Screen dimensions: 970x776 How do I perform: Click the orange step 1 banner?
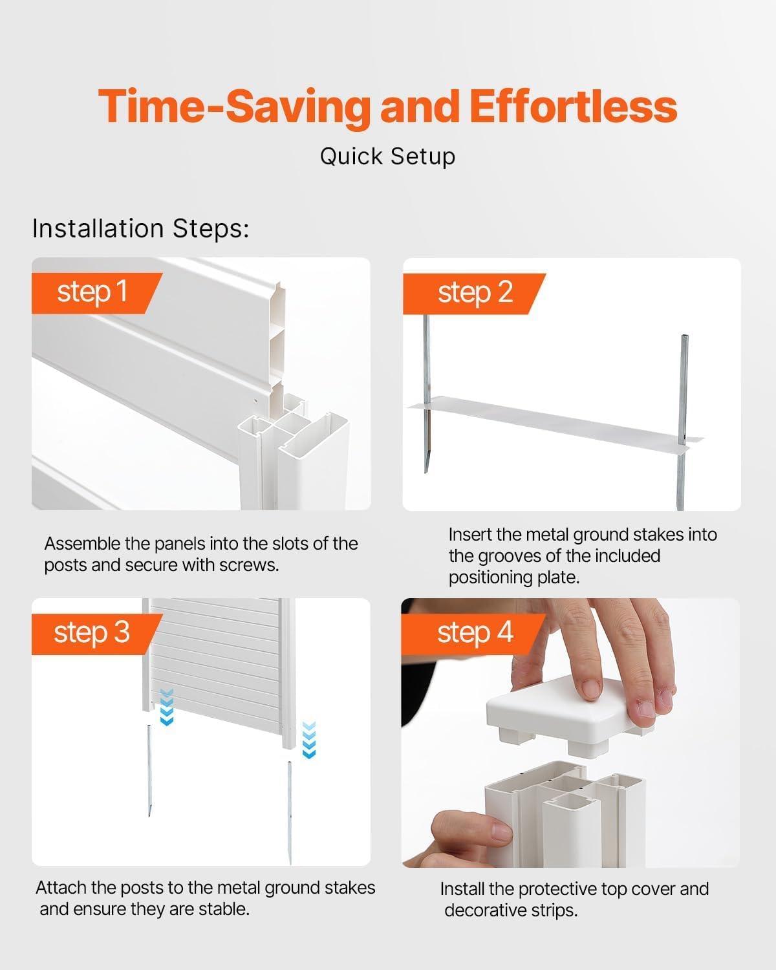click(94, 292)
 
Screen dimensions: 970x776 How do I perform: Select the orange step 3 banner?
click(94, 632)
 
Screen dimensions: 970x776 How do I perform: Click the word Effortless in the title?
click(572, 107)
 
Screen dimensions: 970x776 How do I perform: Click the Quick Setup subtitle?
click(387, 156)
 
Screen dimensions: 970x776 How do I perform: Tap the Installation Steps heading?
click(140, 229)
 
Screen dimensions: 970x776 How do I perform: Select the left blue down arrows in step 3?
click(167, 707)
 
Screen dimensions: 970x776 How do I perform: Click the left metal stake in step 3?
click(149, 770)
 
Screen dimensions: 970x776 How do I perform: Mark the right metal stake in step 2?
click(683, 420)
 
